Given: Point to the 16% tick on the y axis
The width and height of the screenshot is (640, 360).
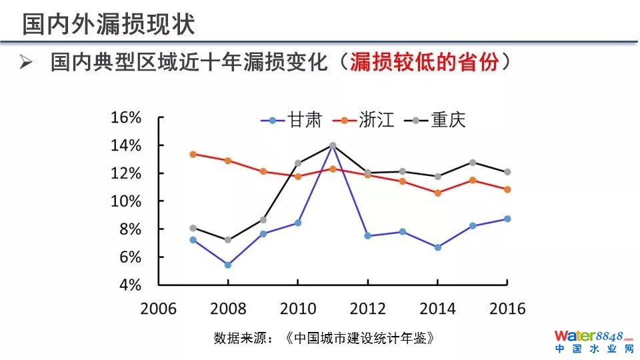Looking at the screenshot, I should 126,118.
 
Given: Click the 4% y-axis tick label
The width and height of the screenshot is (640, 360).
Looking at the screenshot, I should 131,285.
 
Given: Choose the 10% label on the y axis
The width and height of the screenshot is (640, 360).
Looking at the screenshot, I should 126,201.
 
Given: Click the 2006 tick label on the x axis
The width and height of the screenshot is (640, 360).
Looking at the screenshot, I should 158,309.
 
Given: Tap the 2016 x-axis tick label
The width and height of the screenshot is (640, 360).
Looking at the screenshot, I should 507,309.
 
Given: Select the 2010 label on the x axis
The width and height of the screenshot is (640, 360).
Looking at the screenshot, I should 297,309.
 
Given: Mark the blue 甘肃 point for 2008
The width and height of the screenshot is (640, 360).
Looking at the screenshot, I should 228,265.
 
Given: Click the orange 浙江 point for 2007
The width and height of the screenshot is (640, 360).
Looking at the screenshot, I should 193,154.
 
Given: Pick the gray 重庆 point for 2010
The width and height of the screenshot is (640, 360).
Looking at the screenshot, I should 298,163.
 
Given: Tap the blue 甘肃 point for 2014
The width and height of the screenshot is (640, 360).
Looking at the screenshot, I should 437,247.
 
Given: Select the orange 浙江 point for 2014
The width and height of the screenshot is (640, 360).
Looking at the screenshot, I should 437,193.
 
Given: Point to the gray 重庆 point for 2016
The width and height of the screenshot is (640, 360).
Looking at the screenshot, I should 507,172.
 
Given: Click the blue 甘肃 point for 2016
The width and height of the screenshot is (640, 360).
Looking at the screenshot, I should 507,219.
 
